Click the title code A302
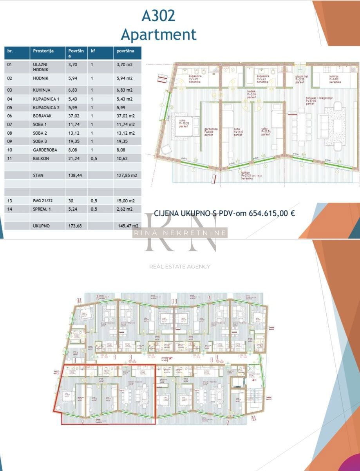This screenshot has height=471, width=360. tap(158, 16)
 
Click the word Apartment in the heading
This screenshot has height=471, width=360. tap(158, 34)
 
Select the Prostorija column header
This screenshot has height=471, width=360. tap(43, 51)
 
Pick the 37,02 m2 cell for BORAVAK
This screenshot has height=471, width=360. tap(126, 116)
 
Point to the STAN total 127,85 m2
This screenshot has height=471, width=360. tap(126, 175)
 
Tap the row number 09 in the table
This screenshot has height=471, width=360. tap(10, 141)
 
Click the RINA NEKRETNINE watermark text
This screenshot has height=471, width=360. tap(180, 233)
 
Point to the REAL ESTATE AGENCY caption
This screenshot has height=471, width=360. tap(180, 267)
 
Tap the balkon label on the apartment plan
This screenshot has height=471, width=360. tap(246, 173)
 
